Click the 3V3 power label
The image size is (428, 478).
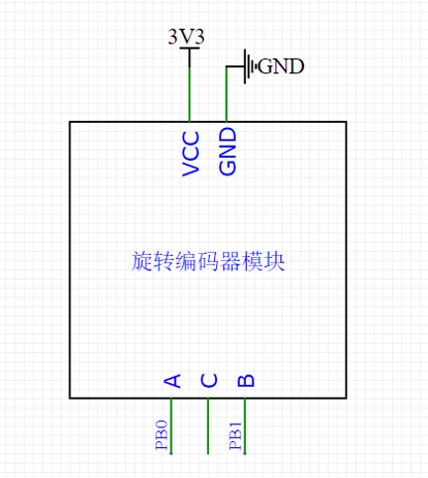coord(188,37)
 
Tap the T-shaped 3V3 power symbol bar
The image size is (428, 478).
coord(189,50)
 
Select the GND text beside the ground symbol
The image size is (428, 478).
coord(280,66)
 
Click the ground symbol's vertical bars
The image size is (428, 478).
coord(251,66)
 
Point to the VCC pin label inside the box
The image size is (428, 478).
coord(191,153)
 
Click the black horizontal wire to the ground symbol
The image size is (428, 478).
coord(236,66)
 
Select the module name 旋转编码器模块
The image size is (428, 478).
coord(208,261)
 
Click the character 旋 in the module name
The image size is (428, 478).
coord(142,261)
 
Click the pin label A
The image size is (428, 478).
coord(171,381)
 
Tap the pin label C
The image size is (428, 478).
coord(208,381)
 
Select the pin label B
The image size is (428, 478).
coord(246,381)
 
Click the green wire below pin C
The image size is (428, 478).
coord(208,426)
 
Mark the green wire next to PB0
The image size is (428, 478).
coord(171,426)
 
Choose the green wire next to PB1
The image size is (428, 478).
coord(245,426)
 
